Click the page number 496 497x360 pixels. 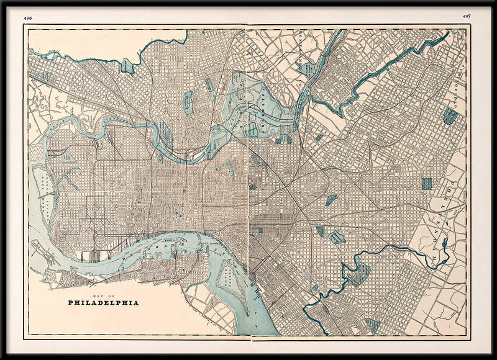27,18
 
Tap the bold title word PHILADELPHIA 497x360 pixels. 104,303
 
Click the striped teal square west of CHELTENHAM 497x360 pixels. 426,184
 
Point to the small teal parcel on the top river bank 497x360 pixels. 127,66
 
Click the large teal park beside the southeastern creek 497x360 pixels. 358,273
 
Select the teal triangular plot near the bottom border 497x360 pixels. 373,325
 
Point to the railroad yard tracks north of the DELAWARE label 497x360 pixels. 93,254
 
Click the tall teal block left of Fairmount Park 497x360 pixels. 188,102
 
